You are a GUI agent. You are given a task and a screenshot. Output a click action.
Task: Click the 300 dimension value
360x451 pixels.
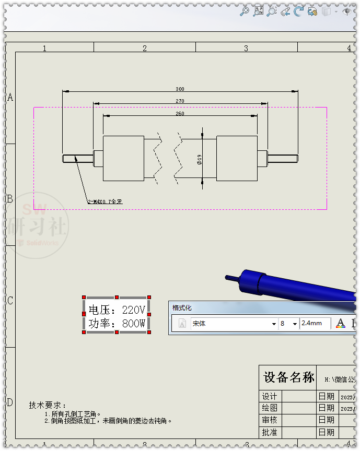click(x=180, y=89)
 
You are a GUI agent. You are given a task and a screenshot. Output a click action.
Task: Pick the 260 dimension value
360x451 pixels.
click(x=180, y=113)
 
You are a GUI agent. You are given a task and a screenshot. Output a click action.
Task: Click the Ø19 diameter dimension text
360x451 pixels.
click(x=199, y=159)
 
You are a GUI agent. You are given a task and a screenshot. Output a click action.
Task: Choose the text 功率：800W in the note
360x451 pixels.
click(x=117, y=324)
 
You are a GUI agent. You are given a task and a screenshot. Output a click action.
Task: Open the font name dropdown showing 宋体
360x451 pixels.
click(x=234, y=324)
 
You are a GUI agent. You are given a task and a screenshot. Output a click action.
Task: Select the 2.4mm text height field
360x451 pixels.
click(x=315, y=324)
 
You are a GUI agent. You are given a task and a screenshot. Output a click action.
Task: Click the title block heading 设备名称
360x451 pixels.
click(x=289, y=377)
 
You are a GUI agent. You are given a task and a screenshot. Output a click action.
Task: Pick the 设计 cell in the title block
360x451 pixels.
click(x=270, y=396)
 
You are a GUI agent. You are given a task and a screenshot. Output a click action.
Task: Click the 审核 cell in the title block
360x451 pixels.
click(x=270, y=420)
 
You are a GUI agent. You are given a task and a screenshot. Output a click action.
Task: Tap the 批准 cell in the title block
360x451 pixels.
click(x=270, y=432)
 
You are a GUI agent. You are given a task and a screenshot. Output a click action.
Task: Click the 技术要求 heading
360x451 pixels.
click(x=48, y=405)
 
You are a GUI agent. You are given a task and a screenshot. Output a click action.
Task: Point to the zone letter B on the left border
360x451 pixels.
click(x=9, y=199)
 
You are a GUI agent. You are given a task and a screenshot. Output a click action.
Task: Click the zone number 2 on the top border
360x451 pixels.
click(x=145, y=48)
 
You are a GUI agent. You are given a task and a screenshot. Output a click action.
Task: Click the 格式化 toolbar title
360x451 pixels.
click(x=182, y=308)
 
